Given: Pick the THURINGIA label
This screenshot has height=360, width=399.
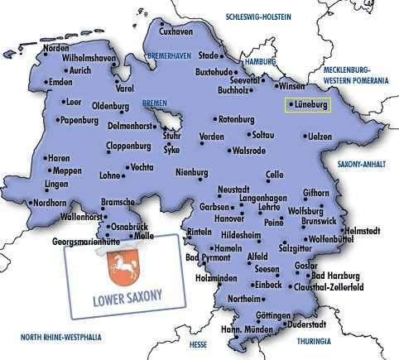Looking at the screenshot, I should [315, 340].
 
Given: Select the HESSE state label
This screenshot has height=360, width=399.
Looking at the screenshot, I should [198, 342].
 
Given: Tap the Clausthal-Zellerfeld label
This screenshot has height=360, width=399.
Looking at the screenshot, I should [334, 287].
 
